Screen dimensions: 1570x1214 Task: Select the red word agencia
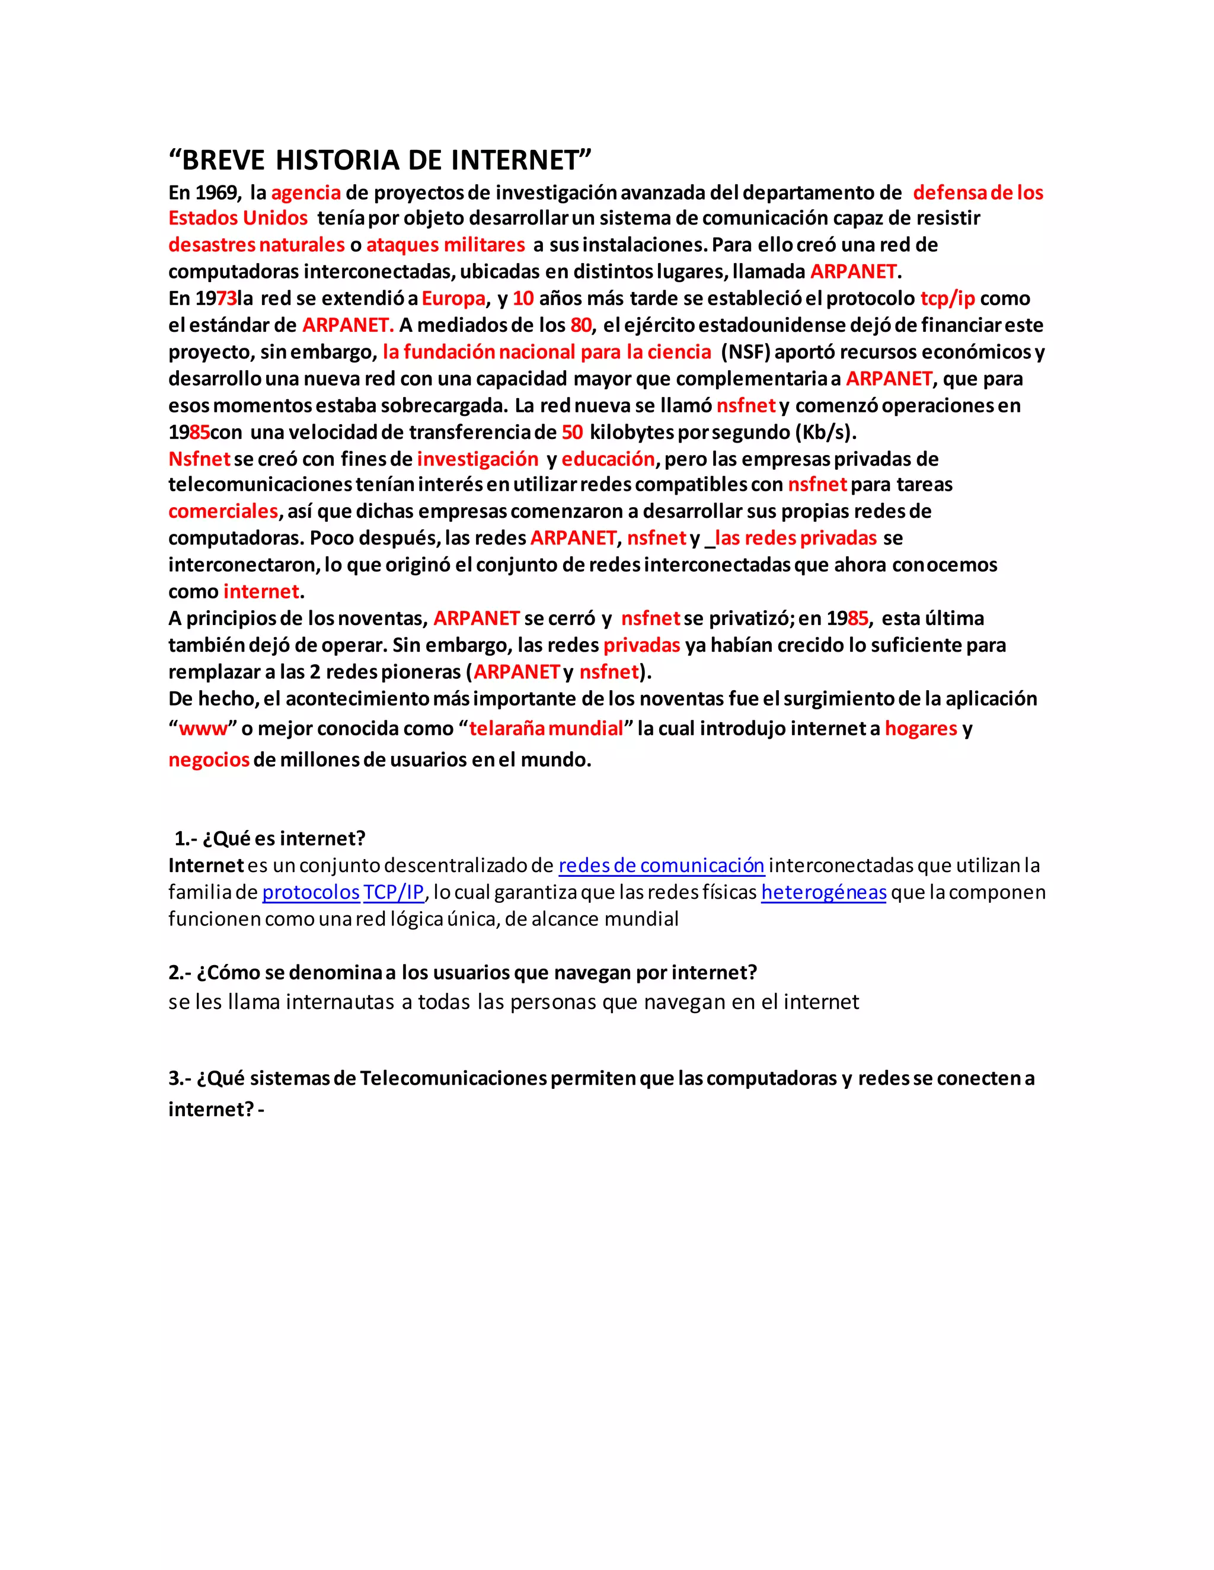click(306, 193)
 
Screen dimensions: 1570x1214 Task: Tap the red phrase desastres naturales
click(257, 245)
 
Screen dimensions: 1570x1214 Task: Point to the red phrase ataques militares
click(446, 245)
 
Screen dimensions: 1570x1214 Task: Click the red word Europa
click(453, 299)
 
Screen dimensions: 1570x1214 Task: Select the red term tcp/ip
click(947, 299)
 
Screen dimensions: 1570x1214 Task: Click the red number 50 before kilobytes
click(572, 432)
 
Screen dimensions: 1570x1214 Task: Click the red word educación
click(608, 459)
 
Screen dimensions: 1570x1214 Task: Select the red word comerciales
click(223, 512)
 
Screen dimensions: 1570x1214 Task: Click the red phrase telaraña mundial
click(546, 729)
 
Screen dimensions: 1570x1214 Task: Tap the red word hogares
click(921, 729)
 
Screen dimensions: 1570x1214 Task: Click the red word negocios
click(209, 760)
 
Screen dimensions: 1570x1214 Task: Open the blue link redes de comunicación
click(661, 866)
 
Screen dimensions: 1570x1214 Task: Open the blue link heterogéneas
click(823, 892)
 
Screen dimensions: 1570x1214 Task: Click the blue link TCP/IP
click(394, 892)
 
